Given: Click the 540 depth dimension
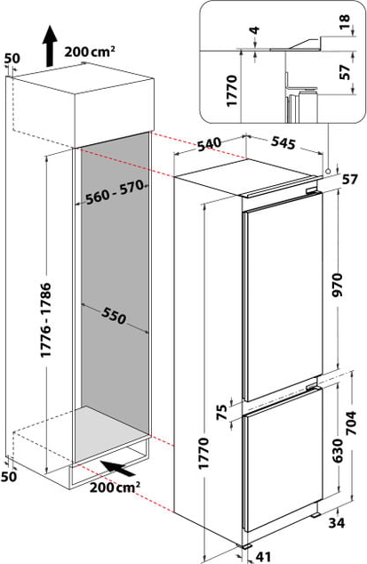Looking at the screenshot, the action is click(209, 144).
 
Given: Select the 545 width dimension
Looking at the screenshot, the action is click(283, 142).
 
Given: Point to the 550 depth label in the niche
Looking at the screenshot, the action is click(114, 315).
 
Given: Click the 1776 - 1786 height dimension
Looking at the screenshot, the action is click(46, 320).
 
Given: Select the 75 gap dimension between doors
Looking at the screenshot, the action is click(222, 412).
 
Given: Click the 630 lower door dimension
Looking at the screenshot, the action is click(337, 450).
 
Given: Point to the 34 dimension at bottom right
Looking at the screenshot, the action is click(337, 523).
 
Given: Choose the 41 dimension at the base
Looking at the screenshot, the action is click(263, 557).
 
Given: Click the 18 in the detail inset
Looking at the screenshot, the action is click(345, 22).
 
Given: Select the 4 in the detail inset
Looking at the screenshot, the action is click(255, 30).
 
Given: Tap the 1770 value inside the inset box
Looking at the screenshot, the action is click(232, 90).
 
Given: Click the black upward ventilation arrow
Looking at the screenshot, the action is click(50, 45).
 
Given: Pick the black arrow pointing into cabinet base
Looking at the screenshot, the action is click(118, 468).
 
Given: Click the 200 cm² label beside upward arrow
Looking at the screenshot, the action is click(90, 52).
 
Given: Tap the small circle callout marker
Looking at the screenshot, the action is click(328, 171).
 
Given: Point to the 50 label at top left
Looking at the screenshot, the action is click(12, 59).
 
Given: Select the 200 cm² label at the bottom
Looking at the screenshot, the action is click(115, 487).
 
